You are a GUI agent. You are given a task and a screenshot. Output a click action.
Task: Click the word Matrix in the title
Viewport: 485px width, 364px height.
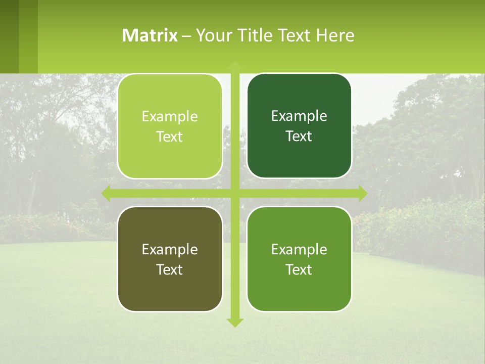click(150, 35)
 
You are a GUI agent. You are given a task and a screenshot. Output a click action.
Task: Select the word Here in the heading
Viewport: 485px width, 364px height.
click(335, 35)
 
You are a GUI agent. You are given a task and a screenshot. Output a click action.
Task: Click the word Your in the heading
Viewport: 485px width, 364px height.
click(212, 35)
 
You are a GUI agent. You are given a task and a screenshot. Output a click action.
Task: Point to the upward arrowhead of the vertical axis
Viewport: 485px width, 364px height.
click(235, 65)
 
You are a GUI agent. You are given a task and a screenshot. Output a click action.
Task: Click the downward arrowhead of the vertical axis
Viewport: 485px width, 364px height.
click(235, 323)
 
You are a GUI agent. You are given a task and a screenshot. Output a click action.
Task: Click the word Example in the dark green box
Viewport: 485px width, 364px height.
click(299, 116)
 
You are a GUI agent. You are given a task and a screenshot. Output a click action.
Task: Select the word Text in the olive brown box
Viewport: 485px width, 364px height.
click(170, 269)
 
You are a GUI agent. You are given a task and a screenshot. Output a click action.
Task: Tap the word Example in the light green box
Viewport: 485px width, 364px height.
click(170, 117)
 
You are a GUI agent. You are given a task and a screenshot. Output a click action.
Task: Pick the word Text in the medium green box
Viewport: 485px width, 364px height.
click(299, 269)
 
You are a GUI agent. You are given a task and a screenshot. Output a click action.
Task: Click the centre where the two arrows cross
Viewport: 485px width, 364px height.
click(235, 193)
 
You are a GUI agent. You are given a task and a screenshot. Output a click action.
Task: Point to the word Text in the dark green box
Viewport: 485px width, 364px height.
click(299, 136)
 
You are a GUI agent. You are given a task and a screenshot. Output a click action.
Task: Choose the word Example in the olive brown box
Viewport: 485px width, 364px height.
click(170, 249)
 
